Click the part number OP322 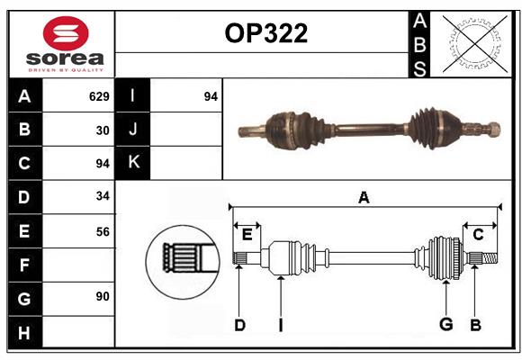click(266, 33)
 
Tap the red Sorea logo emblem click(66, 33)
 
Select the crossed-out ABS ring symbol click(474, 44)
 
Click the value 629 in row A click(99, 96)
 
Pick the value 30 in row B click(103, 130)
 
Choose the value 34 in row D click(103, 196)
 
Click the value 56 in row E click(103, 231)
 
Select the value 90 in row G click(103, 296)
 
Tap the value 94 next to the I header click(211, 96)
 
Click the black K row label click(132, 163)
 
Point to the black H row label click(24, 332)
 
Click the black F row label click(24, 265)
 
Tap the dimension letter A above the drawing click(364, 197)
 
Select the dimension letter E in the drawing click(247, 235)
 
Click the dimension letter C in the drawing click(478, 235)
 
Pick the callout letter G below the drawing click(446, 324)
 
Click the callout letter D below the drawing click(239, 325)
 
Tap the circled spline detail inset click(183, 262)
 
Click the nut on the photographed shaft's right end click(494, 130)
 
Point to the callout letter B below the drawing click(475, 325)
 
